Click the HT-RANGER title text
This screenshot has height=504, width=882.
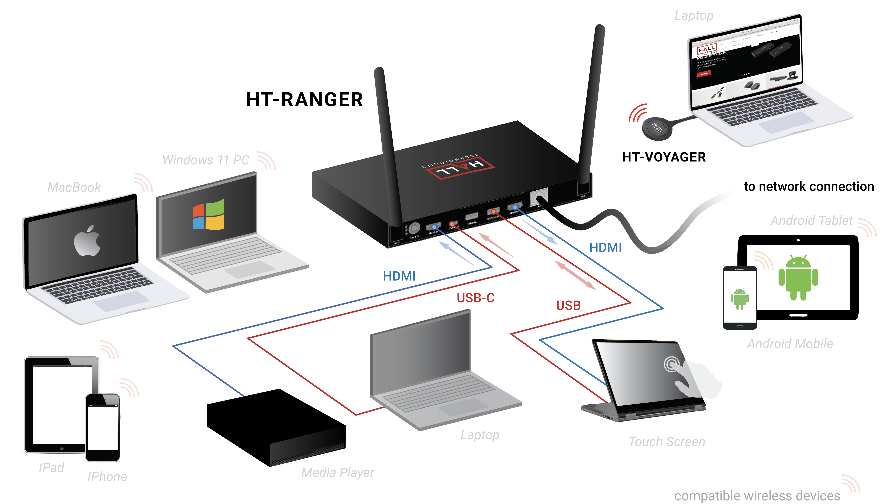(304, 100)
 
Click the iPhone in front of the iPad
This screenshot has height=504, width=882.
(103, 428)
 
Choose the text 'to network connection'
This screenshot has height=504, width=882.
(809, 187)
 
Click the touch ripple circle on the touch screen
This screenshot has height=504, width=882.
(671, 364)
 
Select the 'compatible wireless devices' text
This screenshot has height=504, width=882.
(757, 495)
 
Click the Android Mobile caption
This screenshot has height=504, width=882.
(790, 344)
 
